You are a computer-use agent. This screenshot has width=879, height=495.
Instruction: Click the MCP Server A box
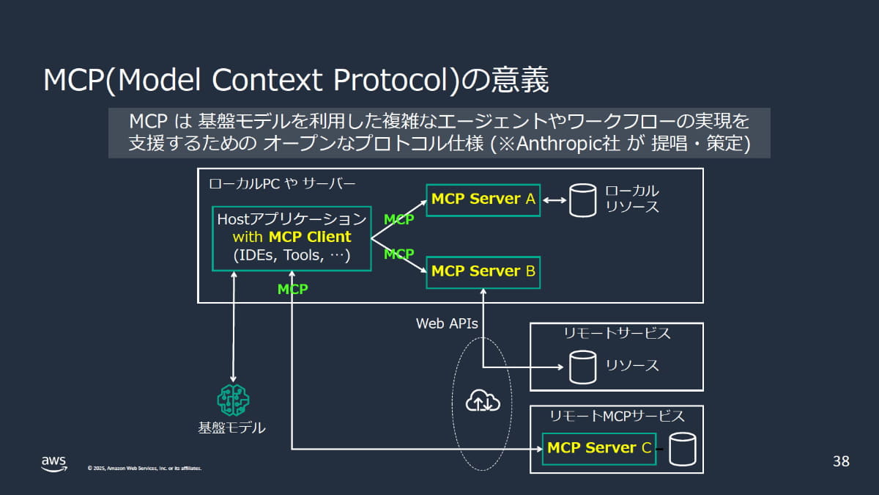tap(483, 199)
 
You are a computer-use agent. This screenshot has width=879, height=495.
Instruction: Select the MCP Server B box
tap(483, 271)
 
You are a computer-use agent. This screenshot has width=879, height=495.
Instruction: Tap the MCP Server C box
tap(598, 448)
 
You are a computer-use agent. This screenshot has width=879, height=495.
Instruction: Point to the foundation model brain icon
tap(233, 400)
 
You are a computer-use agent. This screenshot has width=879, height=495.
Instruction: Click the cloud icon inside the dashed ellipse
tap(483, 400)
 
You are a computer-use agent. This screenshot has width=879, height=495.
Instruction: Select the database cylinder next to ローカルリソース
tap(582, 200)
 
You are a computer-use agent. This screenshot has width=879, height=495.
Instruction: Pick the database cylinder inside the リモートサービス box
tap(582, 366)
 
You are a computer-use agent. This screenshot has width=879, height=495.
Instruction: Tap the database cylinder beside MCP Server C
tap(682, 448)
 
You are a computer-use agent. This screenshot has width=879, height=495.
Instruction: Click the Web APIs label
tap(447, 323)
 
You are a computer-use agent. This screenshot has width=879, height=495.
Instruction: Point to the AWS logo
tap(53, 463)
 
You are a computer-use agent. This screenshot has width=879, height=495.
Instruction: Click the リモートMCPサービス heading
tap(617, 417)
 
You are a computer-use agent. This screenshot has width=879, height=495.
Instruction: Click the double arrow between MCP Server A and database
tap(555, 200)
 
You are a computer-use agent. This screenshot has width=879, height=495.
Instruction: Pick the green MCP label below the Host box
tap(292, 290)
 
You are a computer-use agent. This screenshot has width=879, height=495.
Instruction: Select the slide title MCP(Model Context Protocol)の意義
tap(296, 81)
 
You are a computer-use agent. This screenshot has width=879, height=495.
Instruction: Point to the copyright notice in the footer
tap(144, 468)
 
